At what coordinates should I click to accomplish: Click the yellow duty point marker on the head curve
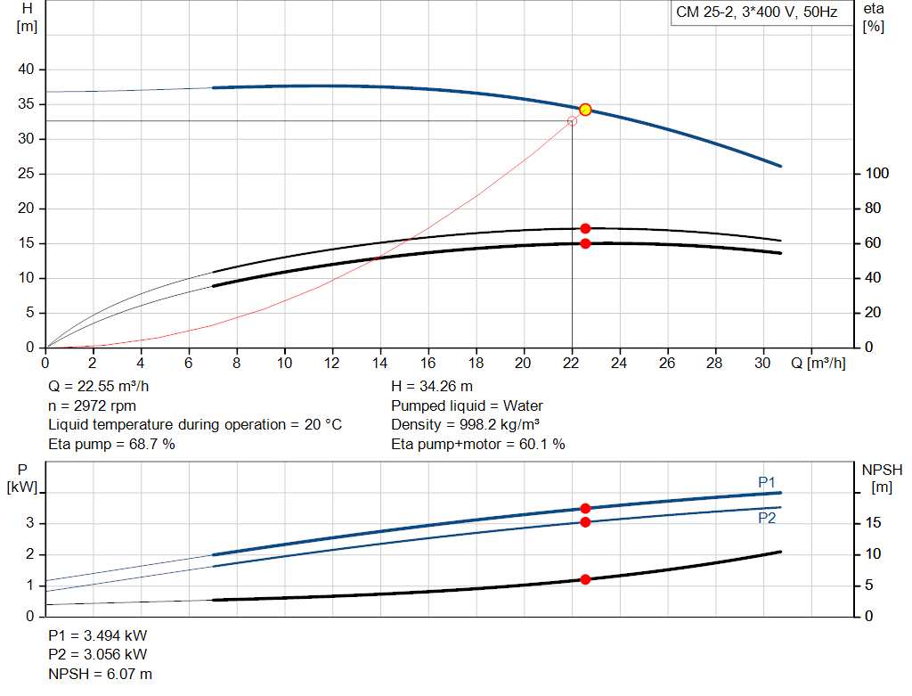[x=585, y=110]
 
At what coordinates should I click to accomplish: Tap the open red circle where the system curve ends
[x=572, y=121]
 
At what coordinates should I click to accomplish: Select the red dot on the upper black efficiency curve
[x=585, y=229]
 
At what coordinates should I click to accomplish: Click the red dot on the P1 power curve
[x=585, y=508]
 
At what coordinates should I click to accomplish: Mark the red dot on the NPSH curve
[x=585, y=579]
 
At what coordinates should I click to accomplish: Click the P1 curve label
[x=767, y=482]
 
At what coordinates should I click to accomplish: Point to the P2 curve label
[x=767, y=518]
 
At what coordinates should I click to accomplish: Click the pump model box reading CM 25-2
[x=757, y=13]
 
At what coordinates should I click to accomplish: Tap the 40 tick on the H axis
[x=27, y=70]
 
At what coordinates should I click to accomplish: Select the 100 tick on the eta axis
[x=878, y=174]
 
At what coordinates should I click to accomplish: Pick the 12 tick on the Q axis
[x=332, y=363]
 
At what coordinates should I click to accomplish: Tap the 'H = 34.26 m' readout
[x=432, y=386]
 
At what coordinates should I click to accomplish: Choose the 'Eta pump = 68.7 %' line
[x=111, y=444]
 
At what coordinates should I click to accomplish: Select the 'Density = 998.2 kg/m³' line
[x=466, y=424]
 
